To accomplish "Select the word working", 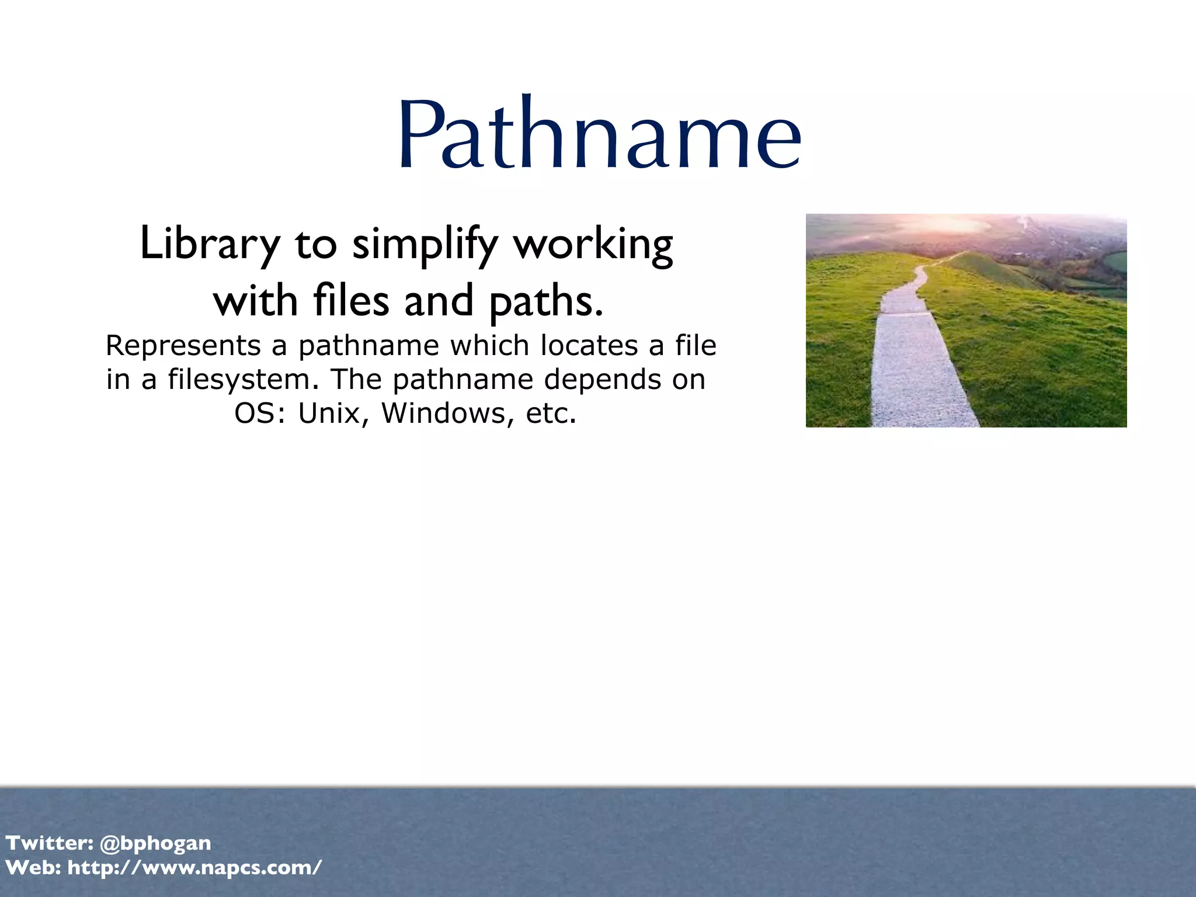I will tap(593, 244).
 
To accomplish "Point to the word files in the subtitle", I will tap(351, 301).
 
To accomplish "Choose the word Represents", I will tap(183, 345).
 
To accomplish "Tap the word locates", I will tap(589, 345).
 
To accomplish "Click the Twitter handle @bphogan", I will tap(155, 843).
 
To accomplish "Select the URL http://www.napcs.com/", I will tap(194, 868).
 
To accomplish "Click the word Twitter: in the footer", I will tap(50, 843).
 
